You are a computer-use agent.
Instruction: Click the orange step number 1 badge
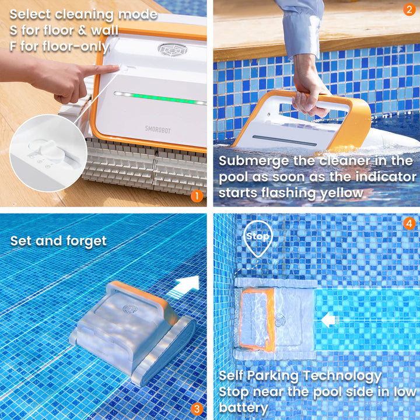(x=197, y=196)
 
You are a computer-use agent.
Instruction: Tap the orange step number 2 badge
(x=408, y=10)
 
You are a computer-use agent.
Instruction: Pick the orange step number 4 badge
(x=408, y=223)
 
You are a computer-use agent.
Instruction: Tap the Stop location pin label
(x=257, y=236)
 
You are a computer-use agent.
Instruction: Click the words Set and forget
(x=58, y=241)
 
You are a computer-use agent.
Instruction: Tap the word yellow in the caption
(x=342, y=193)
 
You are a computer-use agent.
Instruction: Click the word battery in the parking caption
(x=244, y=407)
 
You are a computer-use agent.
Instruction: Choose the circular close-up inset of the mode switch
(x=48, y=153)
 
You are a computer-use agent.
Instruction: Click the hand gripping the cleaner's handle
(x=309, y=93)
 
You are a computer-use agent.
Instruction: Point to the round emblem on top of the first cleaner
(x=172, y=49)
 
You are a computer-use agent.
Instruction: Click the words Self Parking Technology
(x=300, y=376)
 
